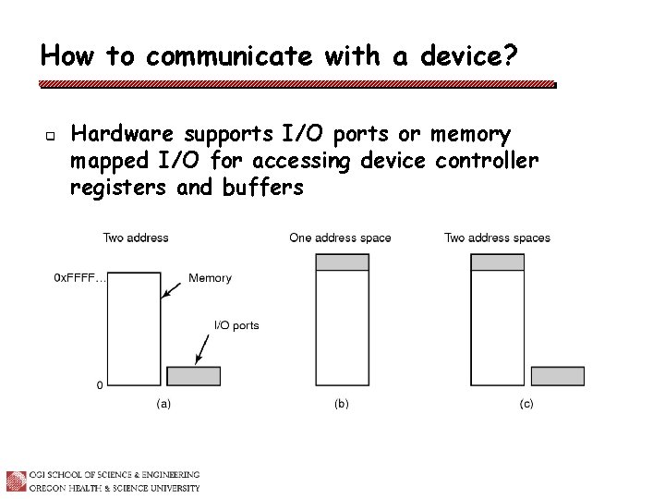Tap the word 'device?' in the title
coord(469,56)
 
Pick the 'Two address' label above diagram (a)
coord(136,237)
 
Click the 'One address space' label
coord(340,237)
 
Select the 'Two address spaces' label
coord(497,237)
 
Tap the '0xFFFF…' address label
coord(79,277)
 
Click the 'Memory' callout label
coord(210,277)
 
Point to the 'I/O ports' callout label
coord(236,325)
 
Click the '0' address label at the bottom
coord(100,384)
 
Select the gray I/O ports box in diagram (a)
coord(193,376)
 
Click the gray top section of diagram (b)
coord(342,262)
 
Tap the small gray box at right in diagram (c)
coord(558,376)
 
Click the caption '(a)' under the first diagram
coord(163,404)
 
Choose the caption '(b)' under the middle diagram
coord(342,404)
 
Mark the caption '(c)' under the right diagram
coord(526,404)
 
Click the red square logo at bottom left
coord(16,481)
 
